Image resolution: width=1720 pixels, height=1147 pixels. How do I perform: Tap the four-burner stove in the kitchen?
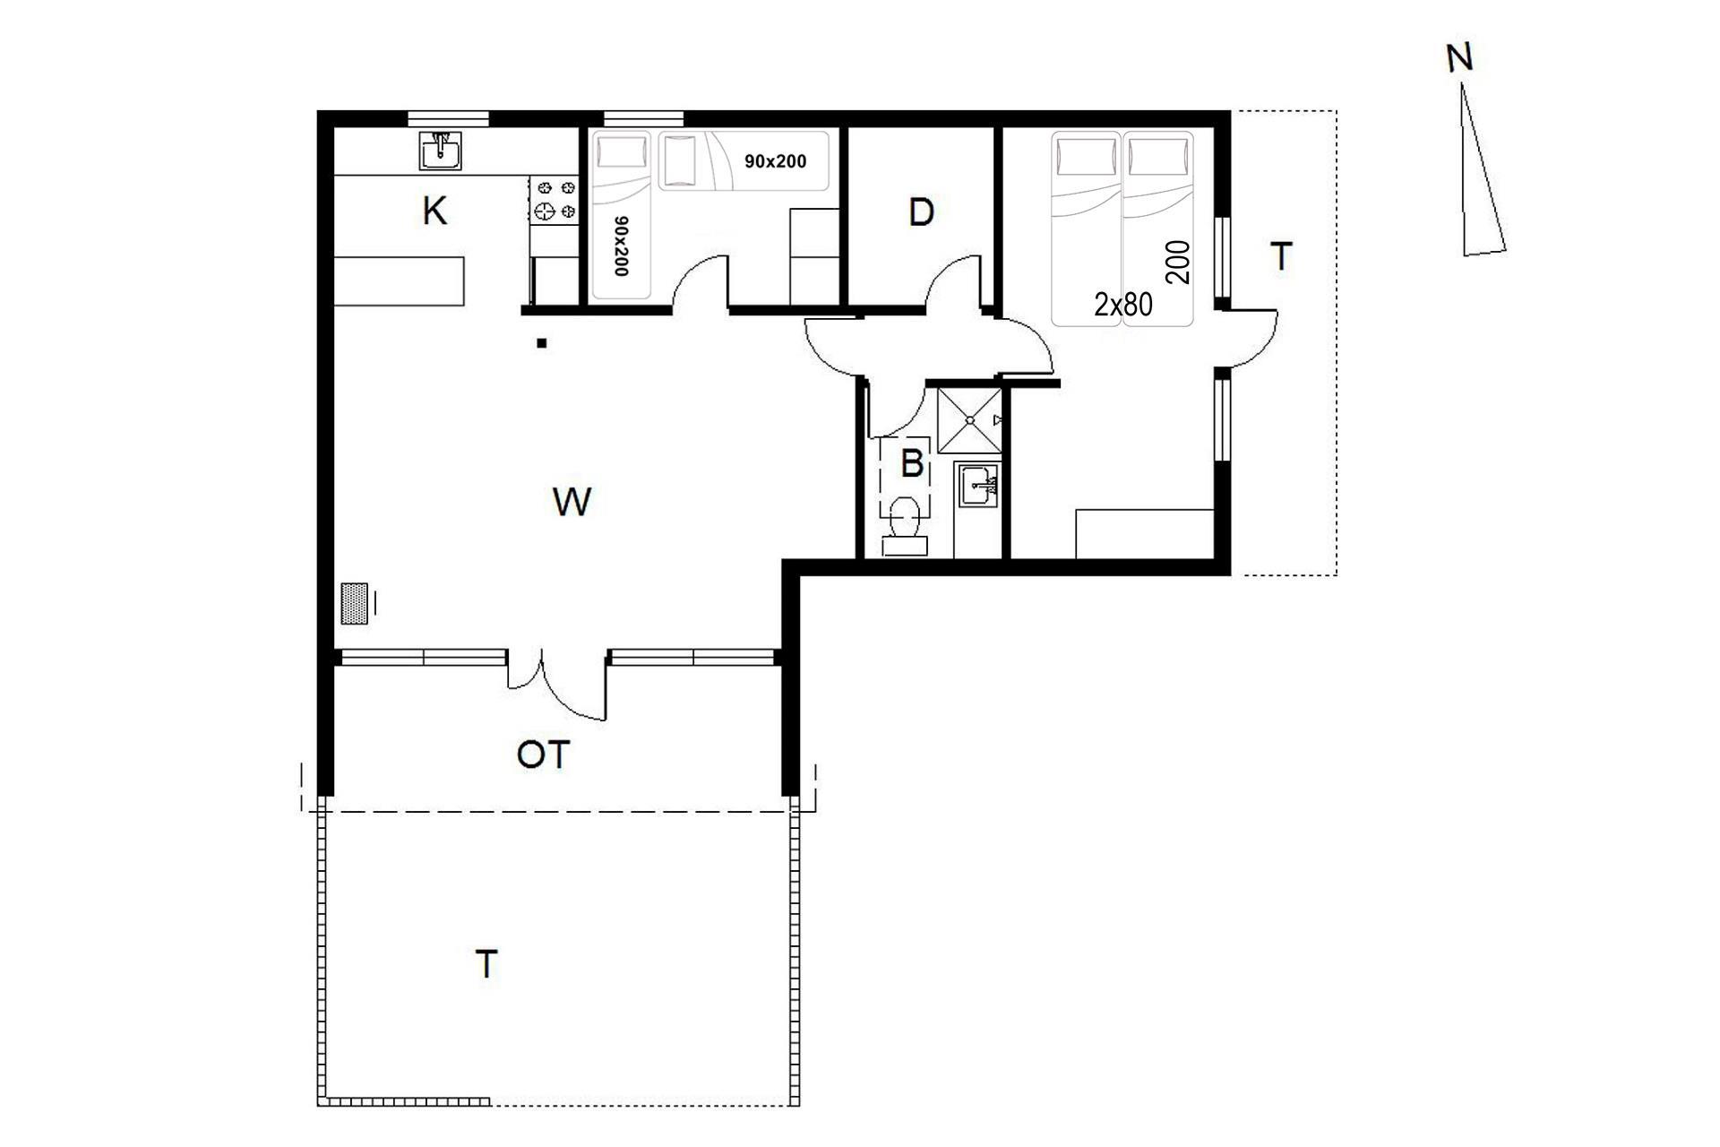tap(555, 200)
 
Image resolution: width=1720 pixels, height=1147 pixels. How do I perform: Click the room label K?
tap(434, 212)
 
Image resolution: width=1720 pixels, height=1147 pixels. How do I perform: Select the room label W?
tap(572, 502)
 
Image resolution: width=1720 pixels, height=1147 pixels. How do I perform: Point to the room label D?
tap(921, 212)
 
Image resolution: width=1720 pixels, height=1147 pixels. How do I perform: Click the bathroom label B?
tap(912, 463)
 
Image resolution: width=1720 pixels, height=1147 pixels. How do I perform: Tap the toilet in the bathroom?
tap(906, 528)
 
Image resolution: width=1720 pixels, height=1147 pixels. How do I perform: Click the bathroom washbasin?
tap(978, 487)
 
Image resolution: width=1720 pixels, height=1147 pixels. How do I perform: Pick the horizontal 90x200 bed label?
tap(775, 161)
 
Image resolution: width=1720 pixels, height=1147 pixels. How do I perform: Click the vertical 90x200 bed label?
tap(619, 246)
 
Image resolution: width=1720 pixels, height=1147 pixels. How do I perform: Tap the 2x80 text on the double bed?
tap(1122, 305)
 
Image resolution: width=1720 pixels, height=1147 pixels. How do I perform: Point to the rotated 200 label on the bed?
tap(1179, 263)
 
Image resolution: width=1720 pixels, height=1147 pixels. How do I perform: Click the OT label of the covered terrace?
tap(543, 755)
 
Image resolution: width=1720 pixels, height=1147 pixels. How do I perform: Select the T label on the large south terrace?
tap(486, 965)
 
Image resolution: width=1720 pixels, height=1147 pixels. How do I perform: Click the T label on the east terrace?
tap(1282, 257)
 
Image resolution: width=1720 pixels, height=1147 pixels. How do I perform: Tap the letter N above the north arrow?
tap(1459, 58)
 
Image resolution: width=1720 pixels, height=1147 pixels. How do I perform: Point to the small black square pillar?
tap(541, 342)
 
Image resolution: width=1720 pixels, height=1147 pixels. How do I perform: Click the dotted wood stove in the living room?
tap(355, 603)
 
